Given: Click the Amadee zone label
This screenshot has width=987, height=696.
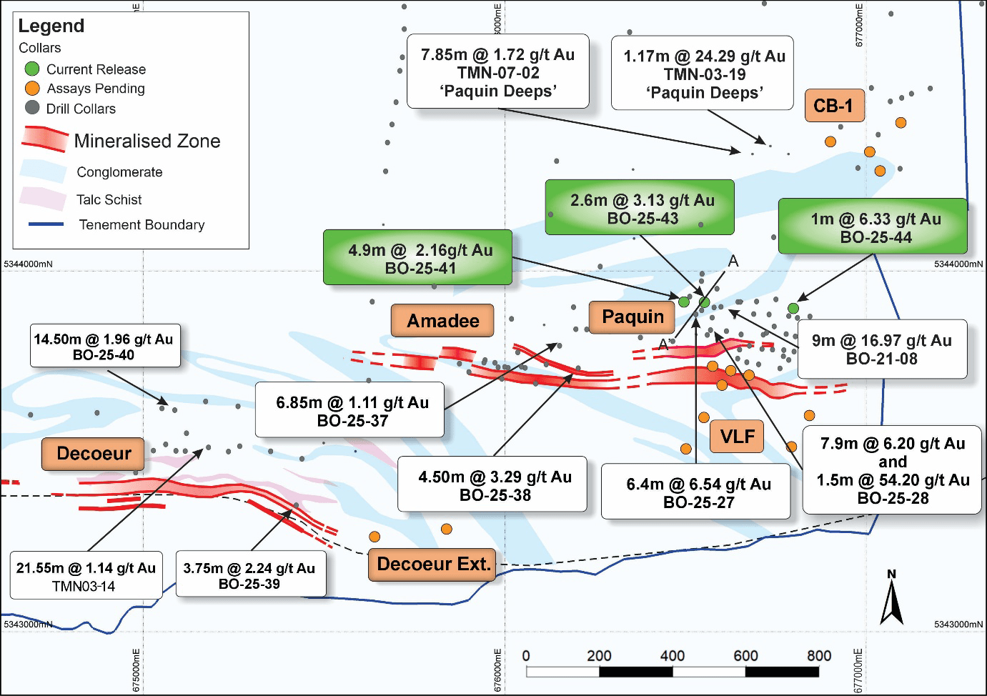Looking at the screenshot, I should pyautogui.click(x=442, y=321).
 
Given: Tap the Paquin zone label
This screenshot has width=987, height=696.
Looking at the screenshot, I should pyautogui.click(x=633, y=317).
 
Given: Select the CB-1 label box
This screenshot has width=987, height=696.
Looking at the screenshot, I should pyautogui.click(x=833, y=106).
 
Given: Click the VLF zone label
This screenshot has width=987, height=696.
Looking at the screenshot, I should pyautogui.click(x=737, y=436).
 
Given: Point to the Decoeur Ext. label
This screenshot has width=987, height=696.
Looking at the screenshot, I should pyautogui.click(x=434, y=564).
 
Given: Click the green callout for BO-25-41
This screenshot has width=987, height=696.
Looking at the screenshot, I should pyautogui.click(x=417, y=258).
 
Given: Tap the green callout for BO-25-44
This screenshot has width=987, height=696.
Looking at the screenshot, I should pyautogui.click(x=873, y=227).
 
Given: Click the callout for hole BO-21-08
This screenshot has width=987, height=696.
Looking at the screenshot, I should pyautogui.click(x=882, y=349).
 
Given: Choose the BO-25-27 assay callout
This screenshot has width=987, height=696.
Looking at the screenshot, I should pyautogui.click(x=696, y=492).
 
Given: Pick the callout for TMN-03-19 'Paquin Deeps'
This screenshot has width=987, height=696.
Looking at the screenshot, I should pyautogui.click(x=703, y=74).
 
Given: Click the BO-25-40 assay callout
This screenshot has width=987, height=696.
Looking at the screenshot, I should pyautogui.click(x=104, y=347).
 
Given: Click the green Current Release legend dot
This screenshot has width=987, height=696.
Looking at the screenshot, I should pyautogui.click(x=32, y=69).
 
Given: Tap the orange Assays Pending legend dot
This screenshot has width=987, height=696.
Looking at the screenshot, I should pyautogui.click(x=32, y=89).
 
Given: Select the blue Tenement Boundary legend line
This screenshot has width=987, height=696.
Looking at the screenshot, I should pyautogui.click(x=46, y=224).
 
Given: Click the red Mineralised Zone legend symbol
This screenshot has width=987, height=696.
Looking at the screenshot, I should pyautogui.click(x=46, y=139).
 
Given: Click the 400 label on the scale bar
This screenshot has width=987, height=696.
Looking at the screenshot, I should pyautogui.click(x=672, y=656).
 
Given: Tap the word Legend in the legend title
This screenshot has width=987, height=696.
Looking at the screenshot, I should pyautogui.click(x=51, y=26).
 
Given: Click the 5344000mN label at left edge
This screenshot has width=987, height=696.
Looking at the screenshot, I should pyautogui.click(x=29, y=264).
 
